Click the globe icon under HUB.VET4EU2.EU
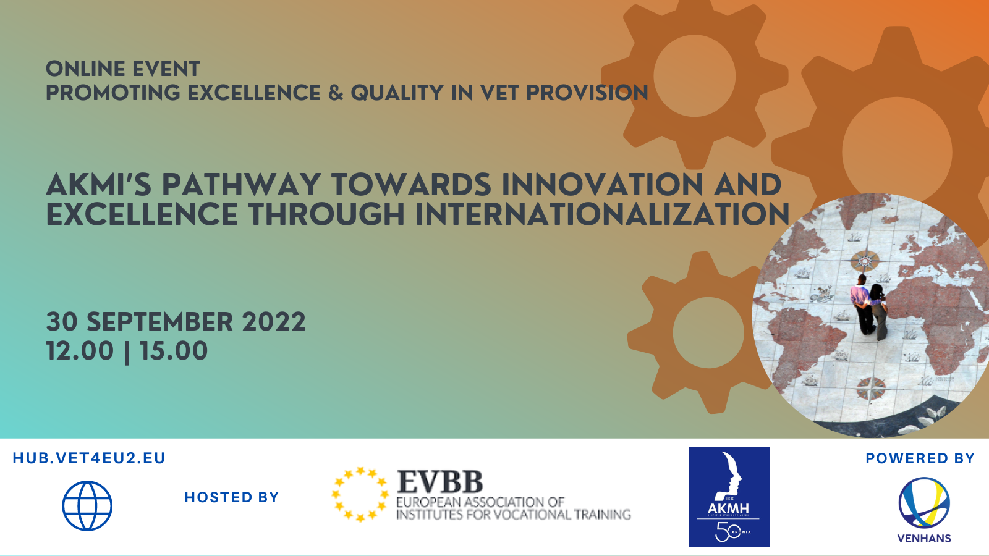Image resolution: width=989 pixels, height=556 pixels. point(87,506)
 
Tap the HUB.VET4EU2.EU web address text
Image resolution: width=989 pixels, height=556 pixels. point(89,458)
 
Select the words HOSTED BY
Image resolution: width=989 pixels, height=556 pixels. point(232,497)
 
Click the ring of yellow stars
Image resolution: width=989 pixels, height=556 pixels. point(360,494)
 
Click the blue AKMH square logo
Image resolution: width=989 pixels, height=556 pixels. point(729,497)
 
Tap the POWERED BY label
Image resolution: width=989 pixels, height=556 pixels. point(920,458)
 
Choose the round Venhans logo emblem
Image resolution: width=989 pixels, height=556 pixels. point(924,502)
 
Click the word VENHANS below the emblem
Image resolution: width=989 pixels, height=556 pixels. point(924,538)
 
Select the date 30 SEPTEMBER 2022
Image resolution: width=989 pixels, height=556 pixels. point(176,322)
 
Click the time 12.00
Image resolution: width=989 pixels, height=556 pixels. point(80,351)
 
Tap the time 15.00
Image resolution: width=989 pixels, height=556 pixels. point(174,351)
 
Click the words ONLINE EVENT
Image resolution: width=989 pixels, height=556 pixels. point(123,69)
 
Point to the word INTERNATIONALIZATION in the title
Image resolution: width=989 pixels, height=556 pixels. point(602,214)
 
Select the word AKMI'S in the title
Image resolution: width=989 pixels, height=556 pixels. point(99,185)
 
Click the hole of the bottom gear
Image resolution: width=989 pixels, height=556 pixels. point(708,332)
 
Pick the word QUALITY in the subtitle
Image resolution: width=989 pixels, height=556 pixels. point(397,93)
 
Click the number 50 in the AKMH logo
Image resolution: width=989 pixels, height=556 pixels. point(723,531)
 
